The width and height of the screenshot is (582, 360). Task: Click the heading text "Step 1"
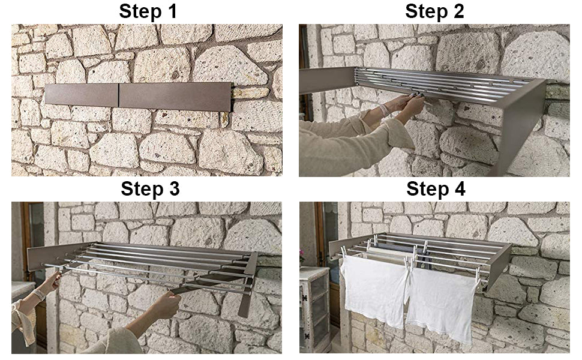click(x=148, y=11)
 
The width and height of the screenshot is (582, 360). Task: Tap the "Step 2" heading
click(x=434, y=11)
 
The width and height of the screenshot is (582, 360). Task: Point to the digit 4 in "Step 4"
click(x=460, y=188)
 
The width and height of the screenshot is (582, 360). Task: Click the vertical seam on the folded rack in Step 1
click(x=119, y=95)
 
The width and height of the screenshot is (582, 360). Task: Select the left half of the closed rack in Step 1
click(x=81, y=95)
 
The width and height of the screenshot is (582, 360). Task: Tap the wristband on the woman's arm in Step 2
click(x=384, y=110)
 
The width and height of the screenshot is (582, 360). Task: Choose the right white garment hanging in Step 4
click(x=440, y=301)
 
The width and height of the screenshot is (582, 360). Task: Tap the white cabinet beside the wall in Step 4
click(x=314, y=309)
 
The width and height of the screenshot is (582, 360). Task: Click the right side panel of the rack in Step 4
click(x=499, y=266)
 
